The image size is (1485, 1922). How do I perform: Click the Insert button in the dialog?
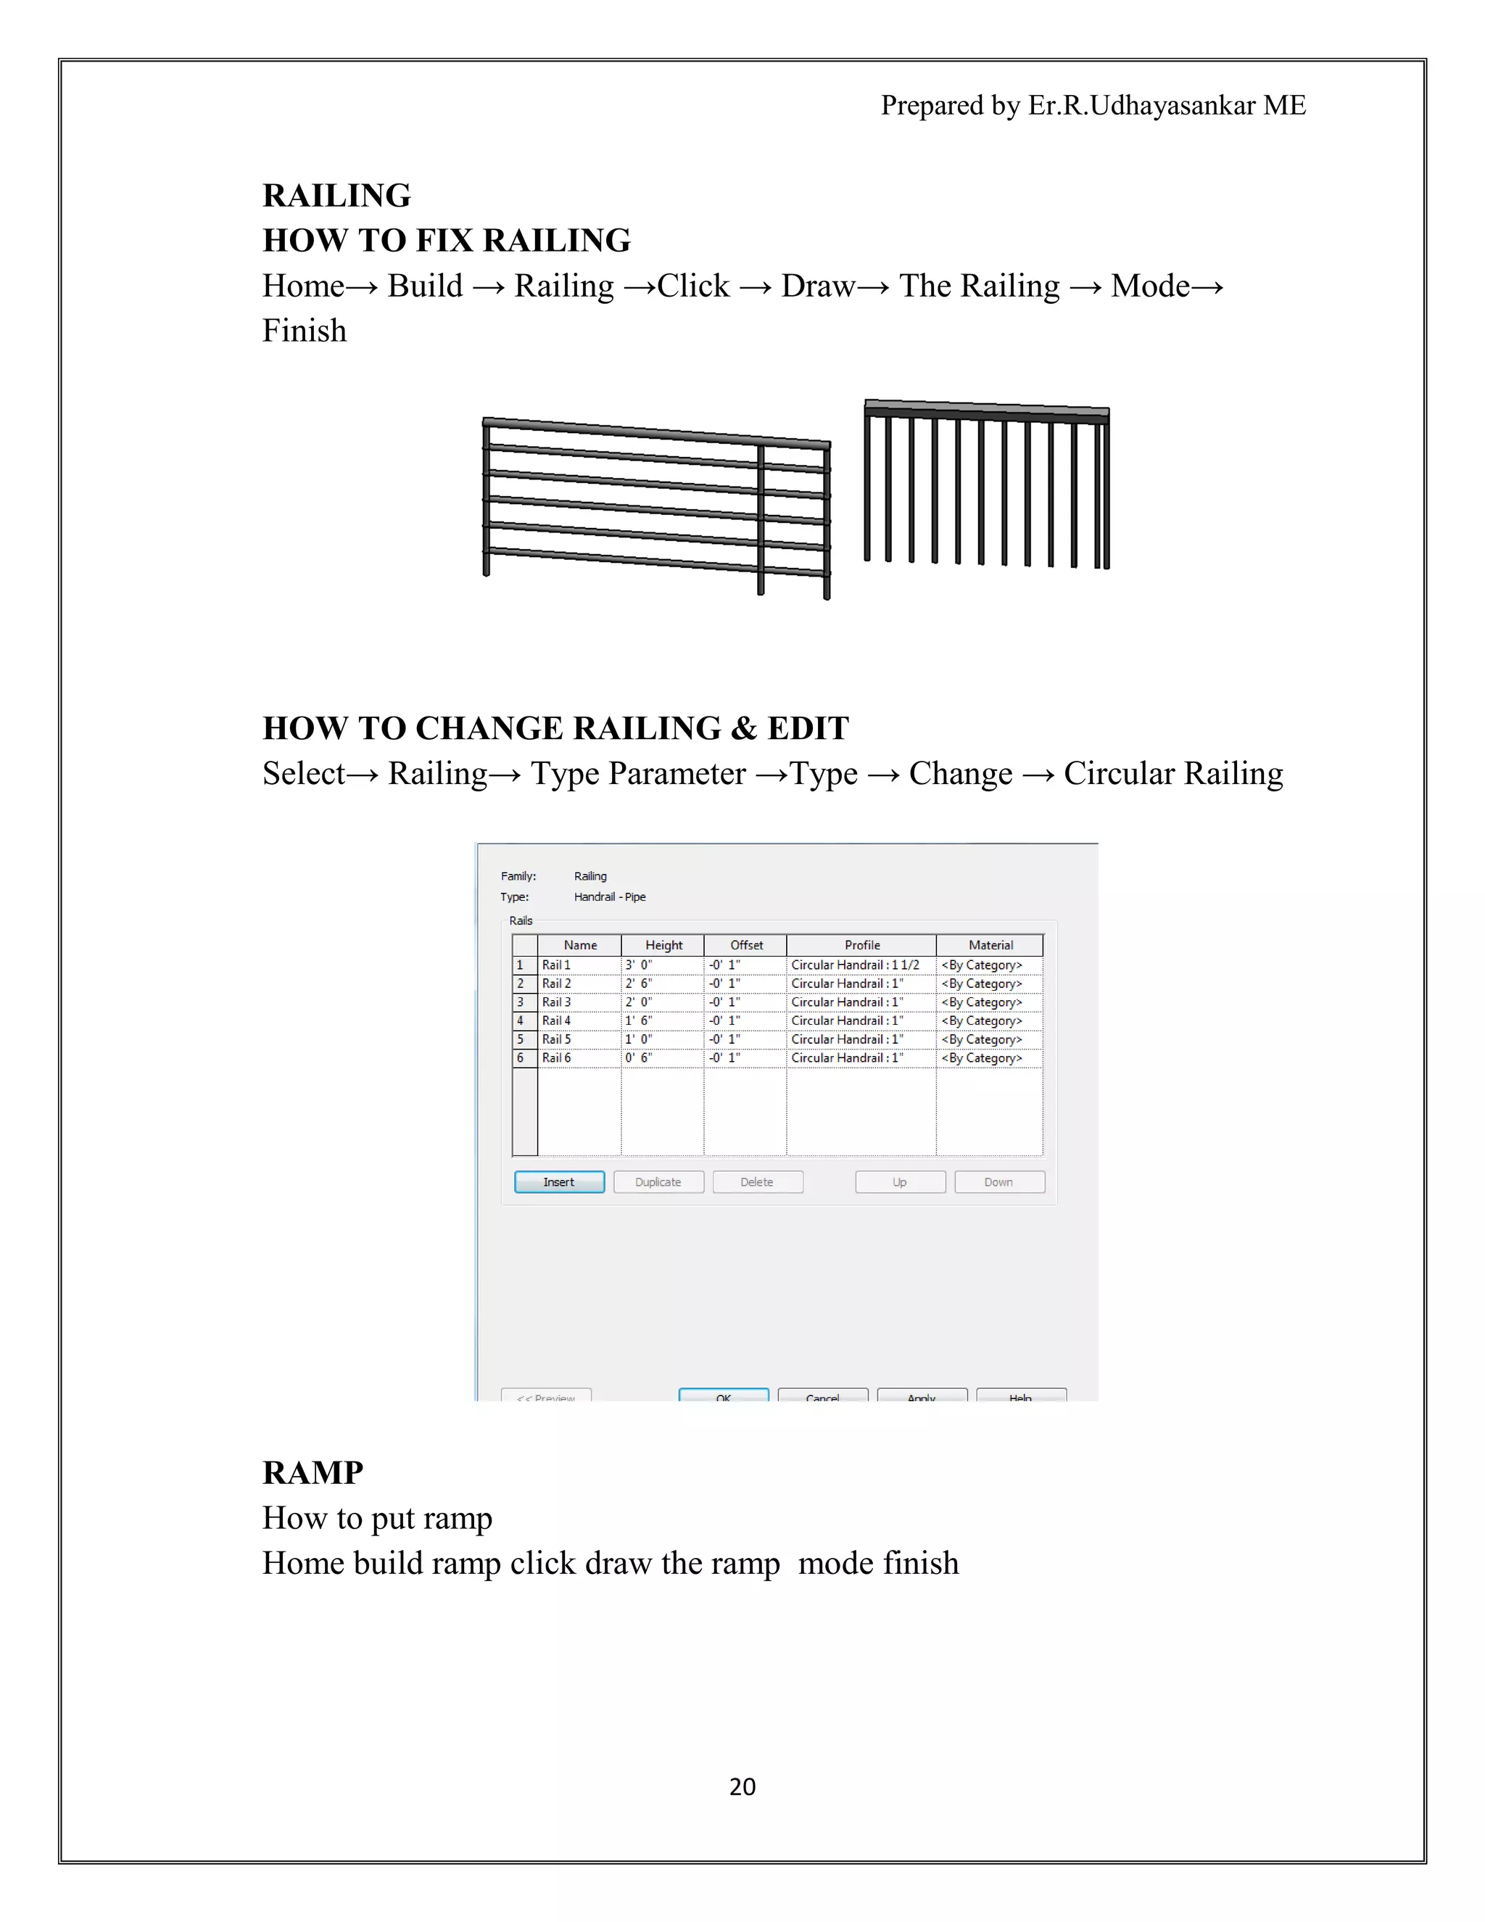(558, 1182)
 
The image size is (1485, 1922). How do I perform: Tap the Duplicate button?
(658, 1182)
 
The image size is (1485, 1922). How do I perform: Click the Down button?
(998, 1182)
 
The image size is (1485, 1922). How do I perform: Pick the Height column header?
(663, 945)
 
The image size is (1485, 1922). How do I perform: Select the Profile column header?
(861, 945)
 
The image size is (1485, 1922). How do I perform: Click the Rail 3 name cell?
(578, 1002)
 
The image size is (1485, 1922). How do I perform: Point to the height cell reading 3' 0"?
(661, 965)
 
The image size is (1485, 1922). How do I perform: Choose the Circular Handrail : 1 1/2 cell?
(859, 965)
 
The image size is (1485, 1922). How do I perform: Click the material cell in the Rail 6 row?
(988, 1057)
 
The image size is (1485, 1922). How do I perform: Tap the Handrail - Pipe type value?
(610, 896)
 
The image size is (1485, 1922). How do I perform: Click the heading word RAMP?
(313, 1473)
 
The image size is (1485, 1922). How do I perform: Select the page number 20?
(742, 1786)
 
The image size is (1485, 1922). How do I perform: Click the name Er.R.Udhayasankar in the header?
(1141, 106)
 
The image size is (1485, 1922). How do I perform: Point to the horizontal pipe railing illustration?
(655, 506)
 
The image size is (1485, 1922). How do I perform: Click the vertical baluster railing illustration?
(986, 484)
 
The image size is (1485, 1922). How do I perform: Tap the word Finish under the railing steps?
(305, 331)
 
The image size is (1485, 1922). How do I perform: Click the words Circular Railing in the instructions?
(1172, 774)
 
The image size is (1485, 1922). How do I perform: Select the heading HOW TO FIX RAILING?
(446, 240)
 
